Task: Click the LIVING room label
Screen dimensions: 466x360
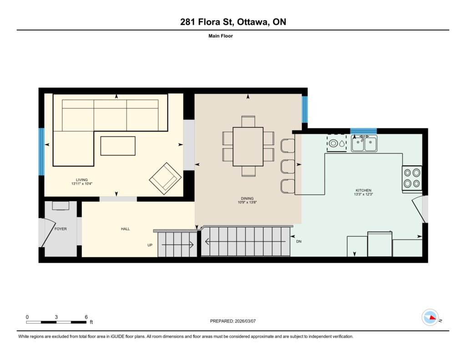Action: point(82,180)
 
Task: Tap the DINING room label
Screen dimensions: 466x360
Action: point(247,198)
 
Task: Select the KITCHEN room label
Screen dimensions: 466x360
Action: point(364,190)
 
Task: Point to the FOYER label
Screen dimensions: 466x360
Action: point(61,229)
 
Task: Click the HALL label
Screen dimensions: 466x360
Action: point(126,229)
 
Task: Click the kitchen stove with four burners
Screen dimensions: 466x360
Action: point(412,178)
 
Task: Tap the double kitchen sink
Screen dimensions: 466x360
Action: point(364,143)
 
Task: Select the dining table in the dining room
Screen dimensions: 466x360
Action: point(248,147)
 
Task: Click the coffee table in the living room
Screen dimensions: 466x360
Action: point(118,146)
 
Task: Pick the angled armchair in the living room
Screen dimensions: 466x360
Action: point(165,179)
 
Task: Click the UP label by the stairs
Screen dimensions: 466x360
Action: point(150,245)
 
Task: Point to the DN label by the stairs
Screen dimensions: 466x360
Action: point(299,241)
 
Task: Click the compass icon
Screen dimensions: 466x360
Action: point(430,318)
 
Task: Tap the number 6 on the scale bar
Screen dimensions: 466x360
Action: point(86,317)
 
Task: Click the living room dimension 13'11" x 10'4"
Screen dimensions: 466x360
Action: point(82,184)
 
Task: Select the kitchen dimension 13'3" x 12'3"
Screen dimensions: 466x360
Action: point(364,194)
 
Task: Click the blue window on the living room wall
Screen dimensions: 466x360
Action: point(41,152)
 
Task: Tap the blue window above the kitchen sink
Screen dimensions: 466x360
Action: point(364,131)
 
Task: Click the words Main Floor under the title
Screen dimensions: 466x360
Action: point(221,36)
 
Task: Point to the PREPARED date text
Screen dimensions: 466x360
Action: point(233,321)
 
